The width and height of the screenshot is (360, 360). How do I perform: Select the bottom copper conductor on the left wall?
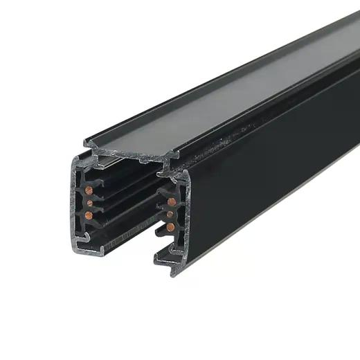(x=89, y=215)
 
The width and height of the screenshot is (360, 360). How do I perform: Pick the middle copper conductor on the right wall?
(x=171, y=215)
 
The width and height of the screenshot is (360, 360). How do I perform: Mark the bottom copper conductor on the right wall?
(x=170, y=227)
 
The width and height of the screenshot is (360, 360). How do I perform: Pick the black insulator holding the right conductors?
(x=161, y=215)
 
